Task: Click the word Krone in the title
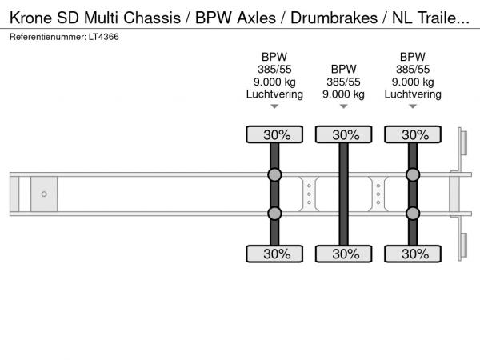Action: pos(31,14)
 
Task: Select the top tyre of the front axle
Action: pos(274,134)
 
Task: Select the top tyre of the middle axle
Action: pos(344,134)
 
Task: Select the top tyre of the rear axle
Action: pos(413,134)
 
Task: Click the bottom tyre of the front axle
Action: pos(274,254)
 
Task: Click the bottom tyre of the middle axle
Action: pos(344,254)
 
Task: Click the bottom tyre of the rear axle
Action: pos(413,254)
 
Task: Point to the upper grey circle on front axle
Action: pos(274,175)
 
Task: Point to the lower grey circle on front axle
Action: pos(274,214)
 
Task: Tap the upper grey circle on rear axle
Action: pos(413,175)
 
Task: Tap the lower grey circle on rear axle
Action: pos(413,214)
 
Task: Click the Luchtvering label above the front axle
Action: pos(274,94)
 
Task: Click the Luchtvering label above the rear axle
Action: pos(413,94)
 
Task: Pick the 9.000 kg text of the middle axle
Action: pos(343,94)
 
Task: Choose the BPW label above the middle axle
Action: pos(343,69)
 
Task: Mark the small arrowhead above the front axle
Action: pos(274,106)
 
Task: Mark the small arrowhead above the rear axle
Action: pos(413,106)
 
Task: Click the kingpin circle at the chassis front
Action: pos(44,194)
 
